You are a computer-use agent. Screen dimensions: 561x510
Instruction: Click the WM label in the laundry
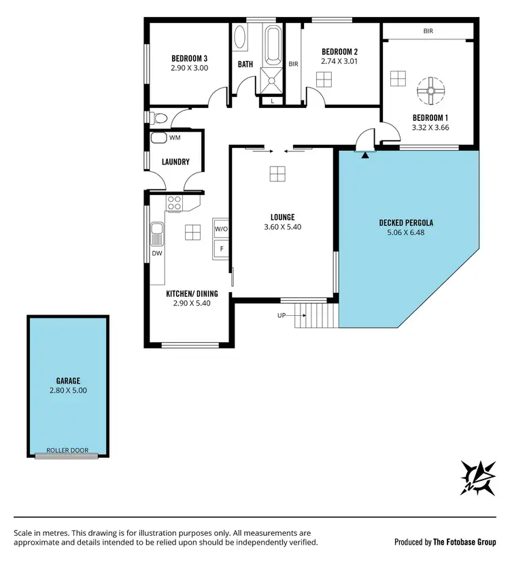coord(175,138)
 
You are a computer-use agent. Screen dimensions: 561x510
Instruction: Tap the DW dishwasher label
coord(156,254)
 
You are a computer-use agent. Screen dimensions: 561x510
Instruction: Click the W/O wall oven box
coord(221,229)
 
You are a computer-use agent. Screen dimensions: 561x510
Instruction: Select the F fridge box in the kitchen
coord(221,249)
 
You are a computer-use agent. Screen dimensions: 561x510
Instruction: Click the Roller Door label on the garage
coord(67,450)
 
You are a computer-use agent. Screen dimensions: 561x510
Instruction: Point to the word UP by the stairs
coord(282,315)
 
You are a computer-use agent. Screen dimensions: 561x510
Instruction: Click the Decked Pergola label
coord(406,223)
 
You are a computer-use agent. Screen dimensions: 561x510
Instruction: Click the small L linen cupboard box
coord(272,101)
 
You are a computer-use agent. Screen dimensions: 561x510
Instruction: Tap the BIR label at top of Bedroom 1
coord(428,31)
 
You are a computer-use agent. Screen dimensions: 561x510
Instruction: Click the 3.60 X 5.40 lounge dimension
coord(282,228)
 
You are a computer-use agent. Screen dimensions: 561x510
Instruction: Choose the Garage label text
coord(68,382)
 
